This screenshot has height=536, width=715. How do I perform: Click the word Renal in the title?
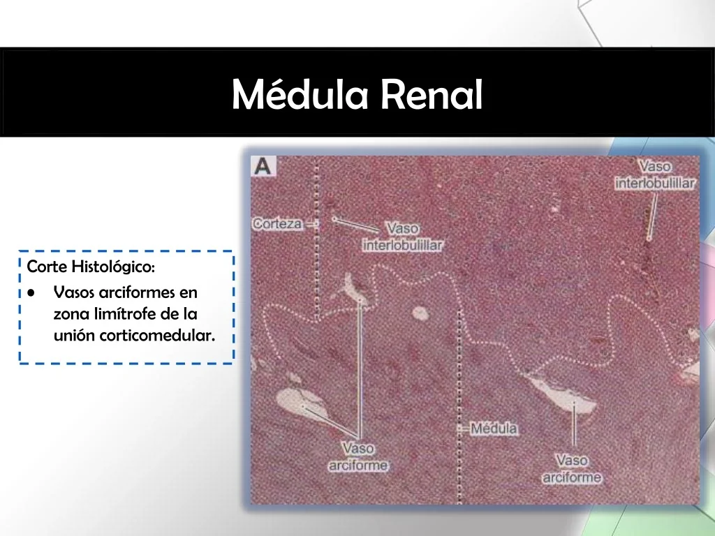tap(432, 94)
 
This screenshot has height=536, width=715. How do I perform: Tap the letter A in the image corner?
tap(263, 166)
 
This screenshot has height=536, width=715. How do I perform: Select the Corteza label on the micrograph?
tap(277, 224)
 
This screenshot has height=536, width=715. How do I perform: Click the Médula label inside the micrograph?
tap(494, 429)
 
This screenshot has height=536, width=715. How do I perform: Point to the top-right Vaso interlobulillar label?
tap(655, 174)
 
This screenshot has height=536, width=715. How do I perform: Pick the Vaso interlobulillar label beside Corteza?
tap(402, 237)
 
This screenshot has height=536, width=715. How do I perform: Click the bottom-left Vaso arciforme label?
tap(358, 456)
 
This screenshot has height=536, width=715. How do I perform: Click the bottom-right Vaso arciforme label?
tap(572, 468)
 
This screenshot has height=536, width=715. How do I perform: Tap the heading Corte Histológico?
tap(91, 267)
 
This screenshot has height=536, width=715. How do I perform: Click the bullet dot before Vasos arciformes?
tap(31, 292)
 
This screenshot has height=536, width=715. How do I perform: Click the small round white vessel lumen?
tap(420, 313)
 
